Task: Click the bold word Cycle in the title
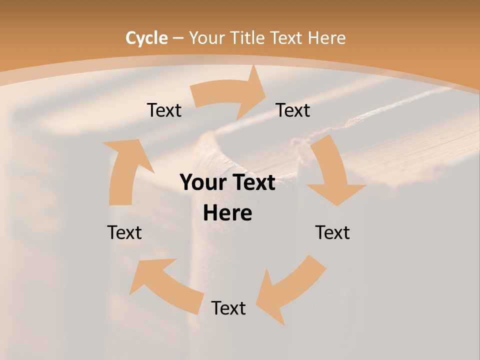146,38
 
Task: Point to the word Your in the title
204,38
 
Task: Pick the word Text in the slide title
287,38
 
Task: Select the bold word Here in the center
227,213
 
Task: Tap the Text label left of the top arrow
164,110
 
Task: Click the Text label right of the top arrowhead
293,110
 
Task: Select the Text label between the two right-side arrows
332,232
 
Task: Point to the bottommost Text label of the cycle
228,308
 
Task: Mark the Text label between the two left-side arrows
124,232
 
